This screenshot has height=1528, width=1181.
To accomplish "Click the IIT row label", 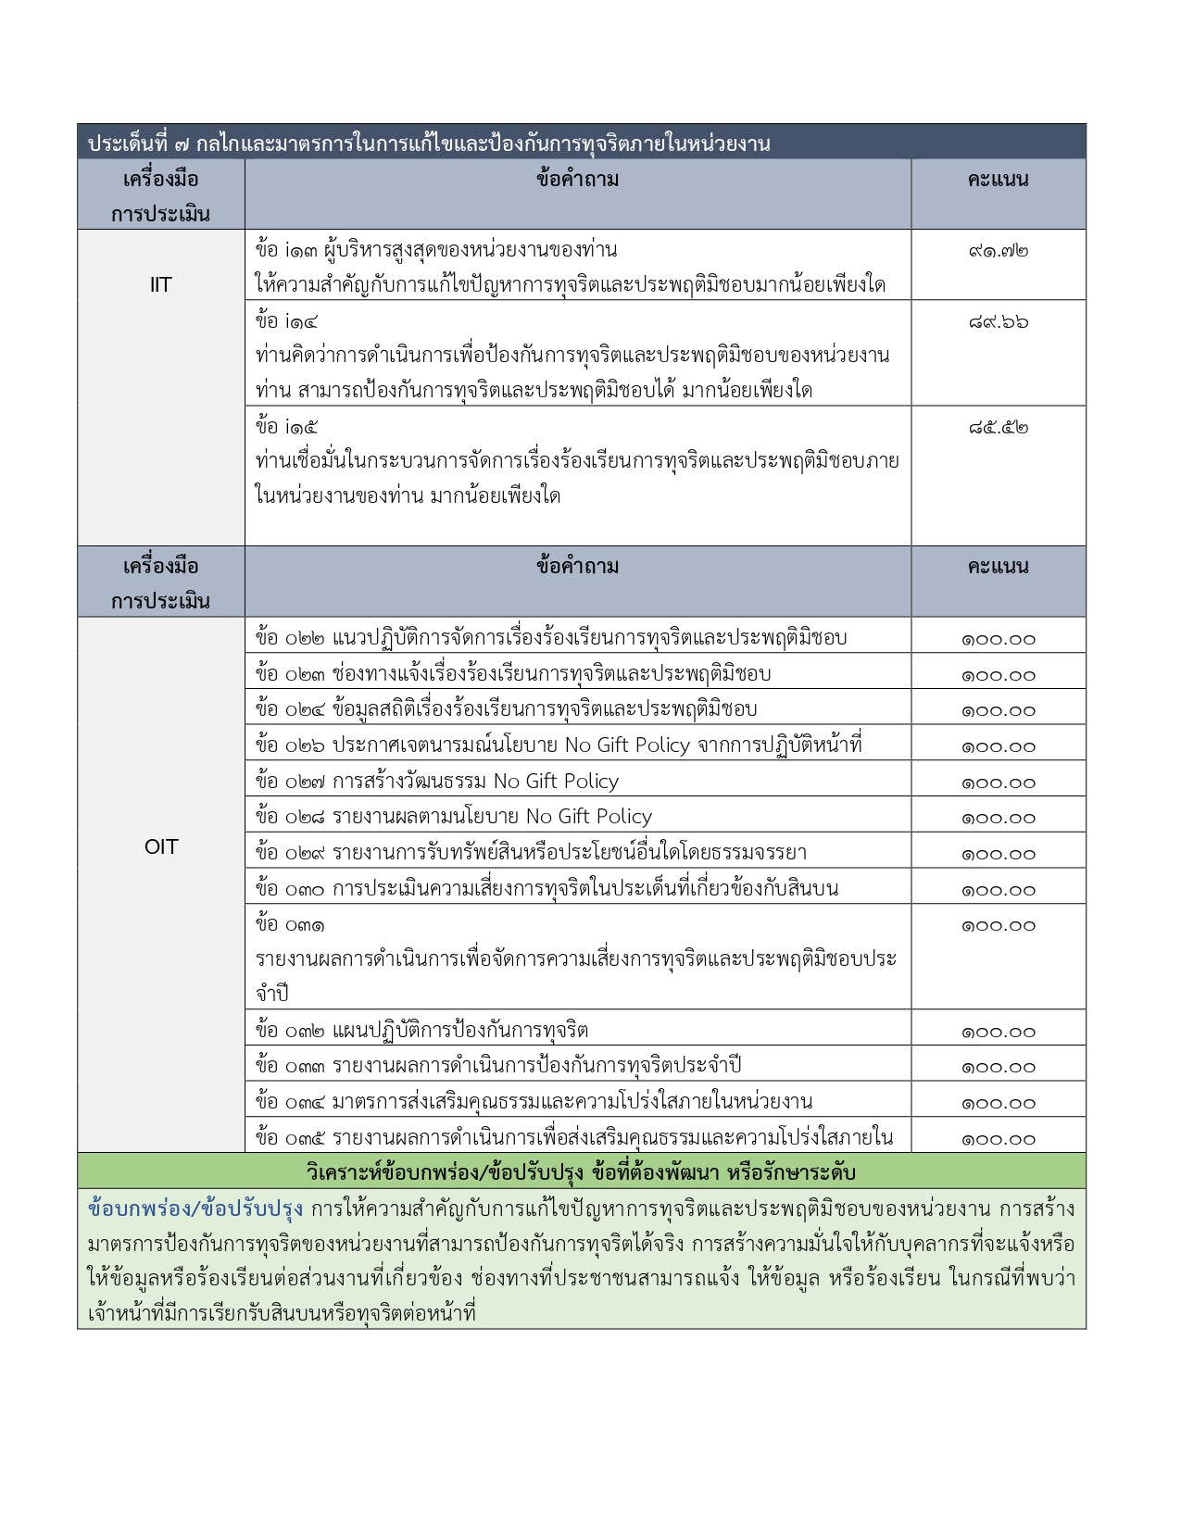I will pos(160,285).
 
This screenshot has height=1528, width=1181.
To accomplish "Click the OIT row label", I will pos(160,847).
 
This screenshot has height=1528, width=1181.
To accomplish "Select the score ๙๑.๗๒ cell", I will pos(998,251).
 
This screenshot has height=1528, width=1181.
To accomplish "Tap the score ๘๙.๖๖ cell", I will pos(998,322).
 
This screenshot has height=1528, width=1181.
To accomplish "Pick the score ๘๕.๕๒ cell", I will pos(998,428).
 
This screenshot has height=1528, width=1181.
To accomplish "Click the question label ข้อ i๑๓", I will pos(286,250).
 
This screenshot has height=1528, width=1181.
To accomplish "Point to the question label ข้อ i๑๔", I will pos(286,321).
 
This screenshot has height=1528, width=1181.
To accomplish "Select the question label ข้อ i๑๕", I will pos(286,427).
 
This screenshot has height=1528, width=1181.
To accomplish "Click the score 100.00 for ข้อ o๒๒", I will pos(998,639).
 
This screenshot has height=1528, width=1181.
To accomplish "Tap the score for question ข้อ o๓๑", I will pos(998,925).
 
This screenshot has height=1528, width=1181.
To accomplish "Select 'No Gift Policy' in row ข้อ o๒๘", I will pos(589,817).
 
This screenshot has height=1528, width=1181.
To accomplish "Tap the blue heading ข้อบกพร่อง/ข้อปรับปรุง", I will pos(195,1209).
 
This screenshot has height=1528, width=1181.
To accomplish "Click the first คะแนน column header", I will pos(998,180).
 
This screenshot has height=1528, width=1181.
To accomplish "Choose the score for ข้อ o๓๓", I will pos(998,1067).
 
